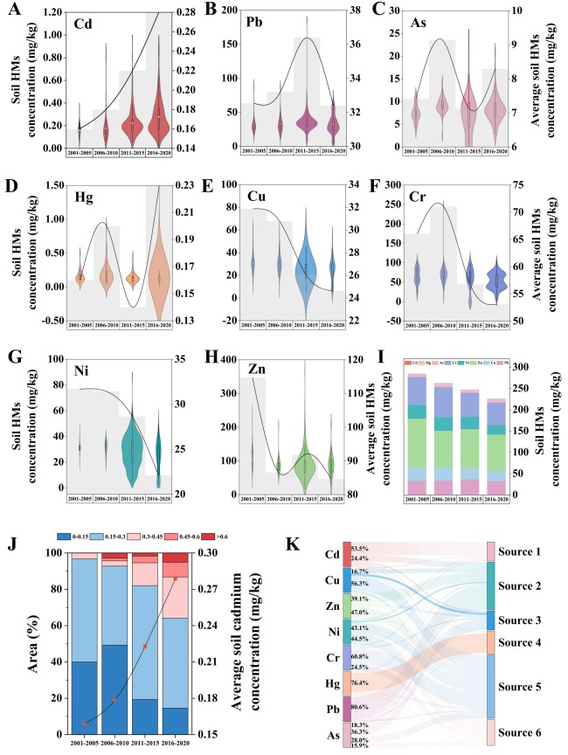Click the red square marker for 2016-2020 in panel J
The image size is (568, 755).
175,578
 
